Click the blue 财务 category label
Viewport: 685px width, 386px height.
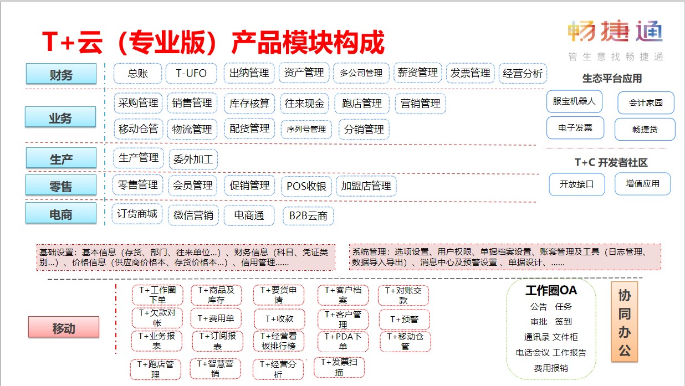click(x=61, y=74)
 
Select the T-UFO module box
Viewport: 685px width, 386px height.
click(x=191, y=73)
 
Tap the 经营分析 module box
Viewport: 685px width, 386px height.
click(x=523, y=73)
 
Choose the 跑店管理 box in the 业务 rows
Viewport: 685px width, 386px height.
click(x=362, y=104)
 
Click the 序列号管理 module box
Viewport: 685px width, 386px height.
click(x=306, y=129)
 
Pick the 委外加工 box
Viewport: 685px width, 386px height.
click(x=193, y=159)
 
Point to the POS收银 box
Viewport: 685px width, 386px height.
click(x=306, y=186)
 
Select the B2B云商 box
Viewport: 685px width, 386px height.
click(x=308, y=216)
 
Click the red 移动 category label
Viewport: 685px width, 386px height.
click(x=64, y=327)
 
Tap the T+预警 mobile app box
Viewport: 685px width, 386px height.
click(x=404, y=320)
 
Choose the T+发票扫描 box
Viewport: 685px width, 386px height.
click(x=339, y=367)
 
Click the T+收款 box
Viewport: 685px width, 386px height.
click(x=279, y=319)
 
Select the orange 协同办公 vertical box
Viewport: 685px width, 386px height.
click(x=625, y=322)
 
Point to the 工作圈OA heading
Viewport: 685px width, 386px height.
click(x=551, y=290)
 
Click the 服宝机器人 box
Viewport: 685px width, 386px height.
click(x=574, y=101)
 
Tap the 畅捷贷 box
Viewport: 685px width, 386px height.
click(x=645, y=129)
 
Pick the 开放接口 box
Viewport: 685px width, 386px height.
click(x=577, y=184)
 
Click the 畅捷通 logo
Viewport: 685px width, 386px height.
click(x=615, y=31)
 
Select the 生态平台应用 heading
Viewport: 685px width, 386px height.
click(x=612, y=79)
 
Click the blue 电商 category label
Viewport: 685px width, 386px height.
click(x=61, y=214)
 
